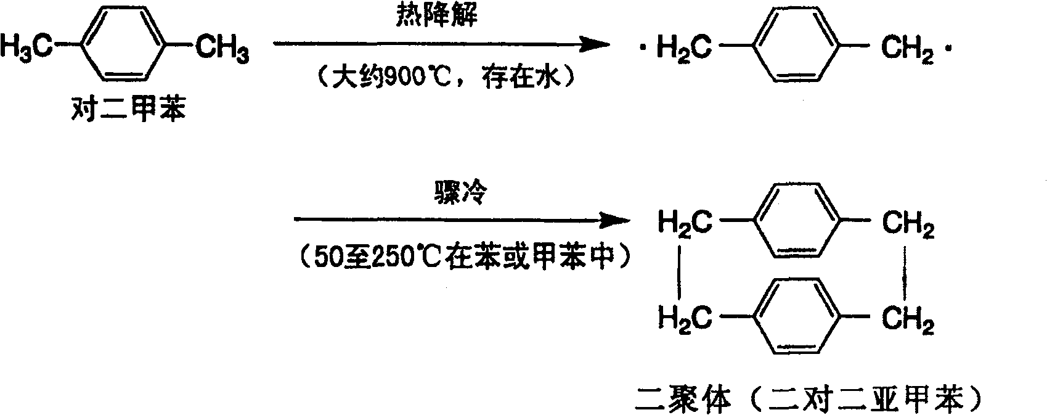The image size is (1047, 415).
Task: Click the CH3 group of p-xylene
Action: pos(222,47)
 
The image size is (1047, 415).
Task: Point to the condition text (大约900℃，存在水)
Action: pos(441,79)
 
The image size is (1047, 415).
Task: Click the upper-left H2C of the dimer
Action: pos(685,222)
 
